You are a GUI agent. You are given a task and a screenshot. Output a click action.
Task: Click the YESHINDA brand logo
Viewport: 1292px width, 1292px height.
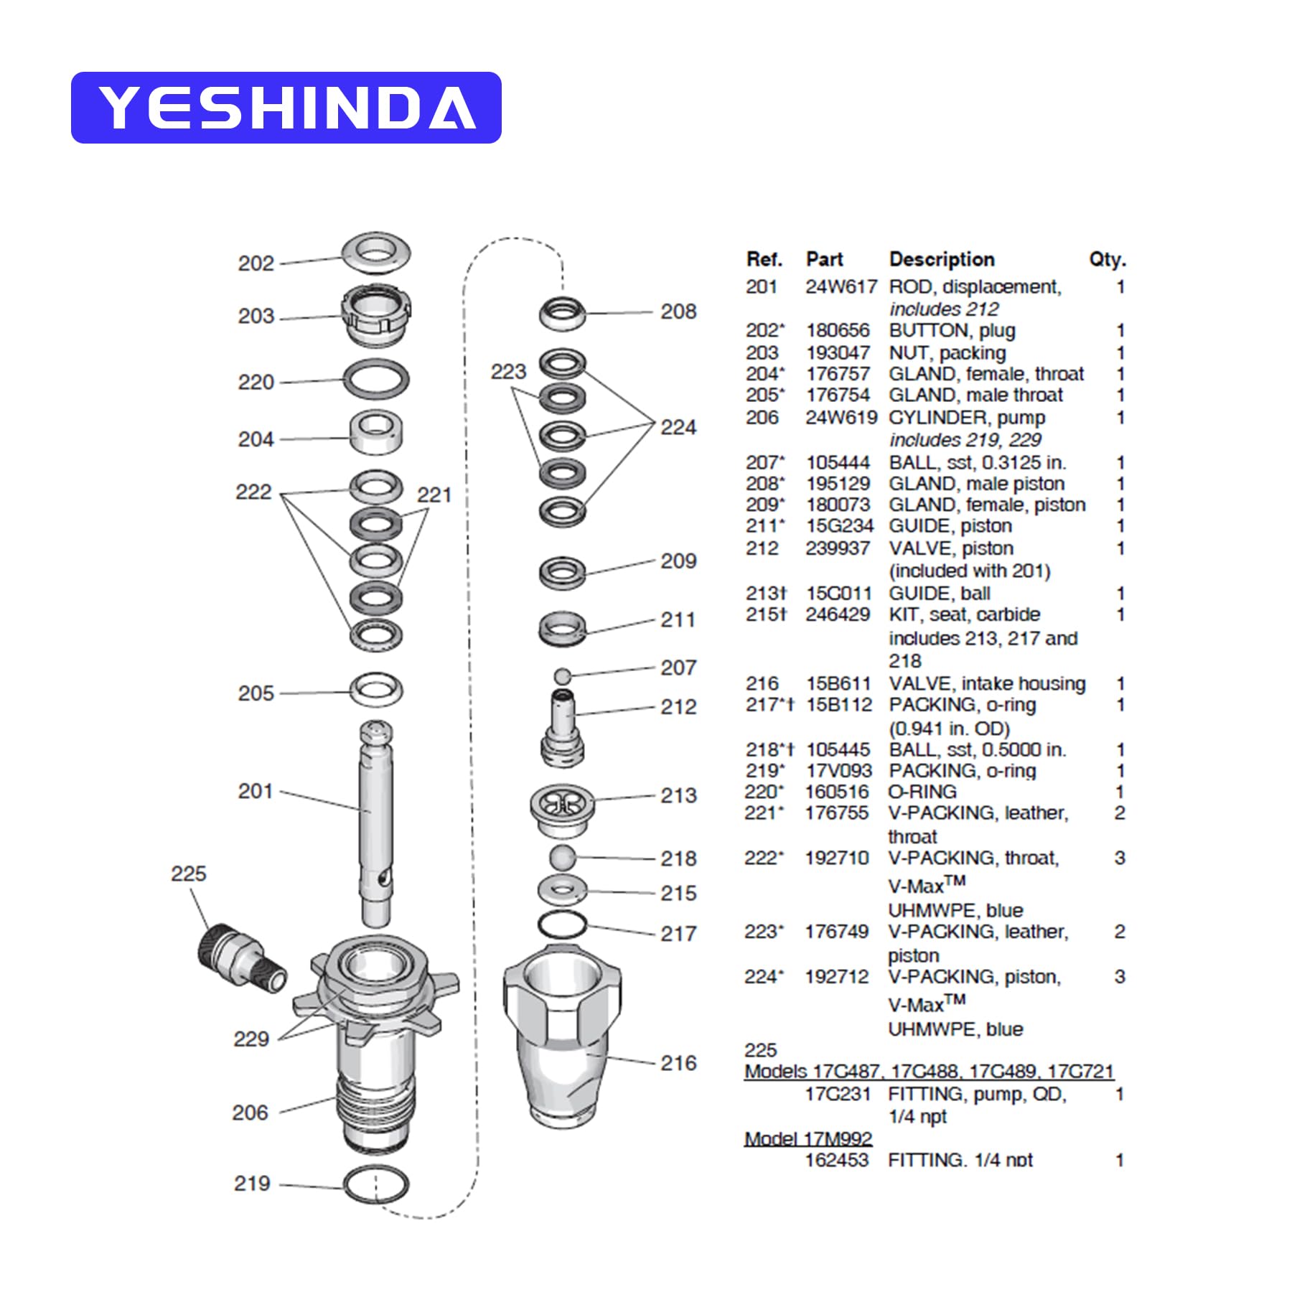pyautogui.click(x=286, y=108)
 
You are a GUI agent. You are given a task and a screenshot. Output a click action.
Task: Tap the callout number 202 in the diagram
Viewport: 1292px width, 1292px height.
pyautogui.click(x=256, y=263)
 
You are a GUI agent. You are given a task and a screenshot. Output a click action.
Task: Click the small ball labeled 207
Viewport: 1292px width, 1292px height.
pyautogui.click(x=563, y=675)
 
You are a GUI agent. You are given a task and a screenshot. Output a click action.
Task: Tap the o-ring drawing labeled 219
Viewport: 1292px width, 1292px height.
pyautogui.click(x=375, y=1185)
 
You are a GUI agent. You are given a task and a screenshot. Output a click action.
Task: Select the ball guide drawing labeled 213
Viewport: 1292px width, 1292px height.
pyautogui.click(x=563, y=807)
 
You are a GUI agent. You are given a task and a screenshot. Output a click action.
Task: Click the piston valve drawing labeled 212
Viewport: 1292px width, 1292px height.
pyautogui.click(x=563, y=725)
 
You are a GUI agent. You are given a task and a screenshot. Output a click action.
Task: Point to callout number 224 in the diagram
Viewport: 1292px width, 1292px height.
pyautogui.click(x=678, y=428)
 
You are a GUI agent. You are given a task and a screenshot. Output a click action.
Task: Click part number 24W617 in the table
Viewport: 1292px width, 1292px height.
pyautogui.click(x=841, y=287)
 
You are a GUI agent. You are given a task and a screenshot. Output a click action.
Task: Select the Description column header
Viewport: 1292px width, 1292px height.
pyautogui.click(x=942, y=259)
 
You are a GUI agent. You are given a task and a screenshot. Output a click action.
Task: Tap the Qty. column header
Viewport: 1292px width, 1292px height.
pyautogui.click(x=1107, y=259)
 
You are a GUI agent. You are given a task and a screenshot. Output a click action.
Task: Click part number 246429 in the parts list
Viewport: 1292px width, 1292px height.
pyautogui.click(x=838, y=615)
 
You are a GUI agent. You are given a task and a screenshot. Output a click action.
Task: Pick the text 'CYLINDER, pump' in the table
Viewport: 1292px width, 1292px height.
pyautogui.click(x=967, y=418)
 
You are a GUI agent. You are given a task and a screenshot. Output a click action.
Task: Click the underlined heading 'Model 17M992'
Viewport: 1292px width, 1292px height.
pyautogui.click(x=807, y=1138)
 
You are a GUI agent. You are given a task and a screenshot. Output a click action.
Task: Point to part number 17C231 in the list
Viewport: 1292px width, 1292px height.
pyautogui.click(x=838, y=1095)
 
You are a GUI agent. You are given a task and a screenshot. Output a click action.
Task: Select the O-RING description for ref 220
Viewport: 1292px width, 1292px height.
pyautogui.click(x=922, y=792)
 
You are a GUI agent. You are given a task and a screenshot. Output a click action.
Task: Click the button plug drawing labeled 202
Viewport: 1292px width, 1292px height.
pyautogui.click(x=376, y=253)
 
